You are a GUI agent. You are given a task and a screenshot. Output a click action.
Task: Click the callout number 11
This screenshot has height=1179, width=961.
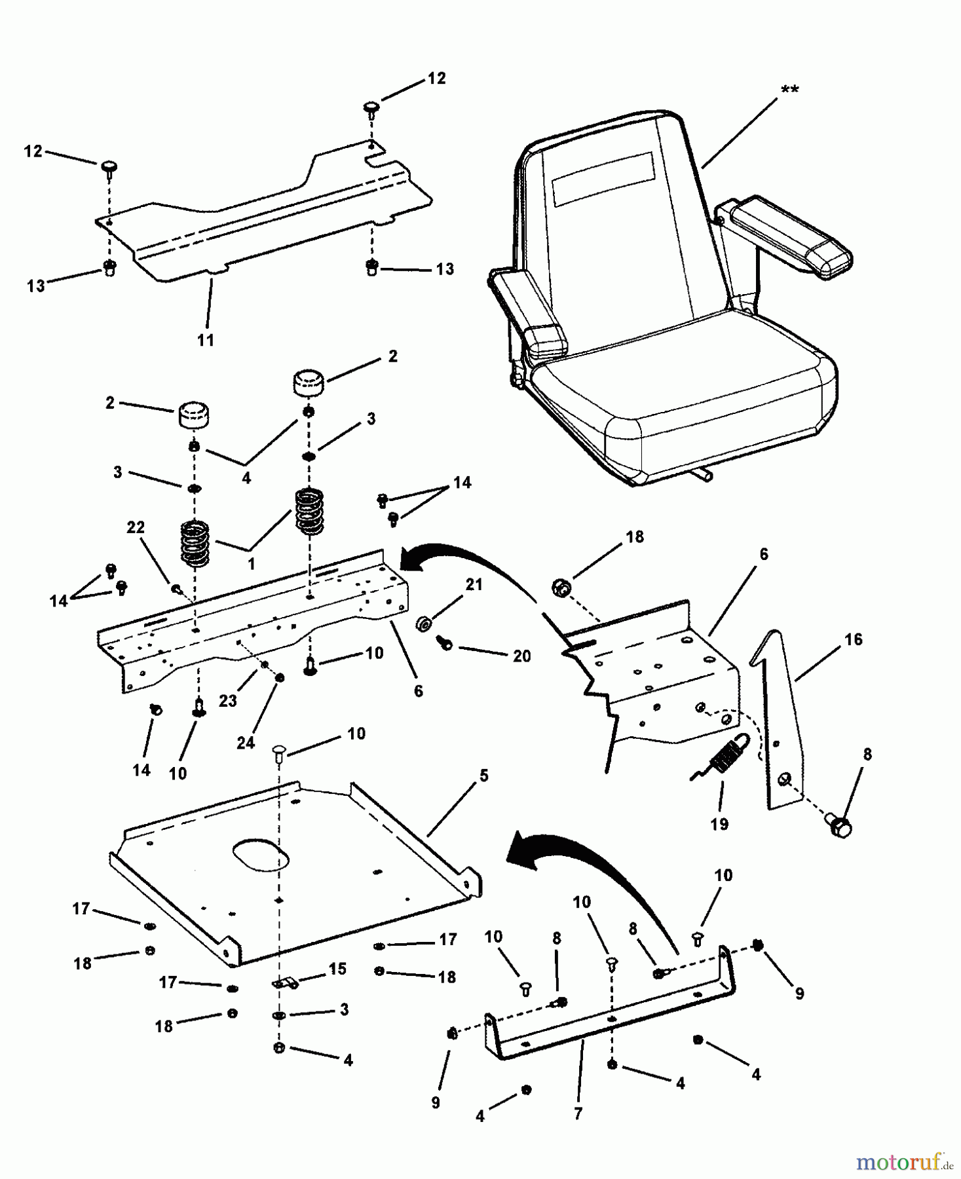point(206,340)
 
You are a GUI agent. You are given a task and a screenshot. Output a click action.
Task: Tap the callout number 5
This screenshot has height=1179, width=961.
point(483,776)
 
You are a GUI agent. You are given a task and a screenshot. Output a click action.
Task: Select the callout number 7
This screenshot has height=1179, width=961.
point(577,1113)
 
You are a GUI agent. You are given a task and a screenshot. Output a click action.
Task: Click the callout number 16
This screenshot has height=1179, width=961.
point(854,639)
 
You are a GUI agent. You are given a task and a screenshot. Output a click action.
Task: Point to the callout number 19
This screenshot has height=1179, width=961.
point(719,824)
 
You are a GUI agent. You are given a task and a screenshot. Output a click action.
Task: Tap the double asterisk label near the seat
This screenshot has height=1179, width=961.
point(789,89)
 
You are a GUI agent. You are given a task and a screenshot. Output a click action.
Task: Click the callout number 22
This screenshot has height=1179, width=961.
point(136,527)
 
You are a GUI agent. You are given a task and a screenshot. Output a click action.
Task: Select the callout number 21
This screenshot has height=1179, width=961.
point(474,584)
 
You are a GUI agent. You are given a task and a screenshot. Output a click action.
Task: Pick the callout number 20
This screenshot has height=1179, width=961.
point(521,656)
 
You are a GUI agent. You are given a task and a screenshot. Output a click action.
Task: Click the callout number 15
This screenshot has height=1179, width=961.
point(337,968)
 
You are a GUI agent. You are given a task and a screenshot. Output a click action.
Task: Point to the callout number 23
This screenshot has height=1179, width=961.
point(227,701)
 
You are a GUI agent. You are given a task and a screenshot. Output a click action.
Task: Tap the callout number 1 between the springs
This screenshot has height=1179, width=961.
point(251,563)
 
